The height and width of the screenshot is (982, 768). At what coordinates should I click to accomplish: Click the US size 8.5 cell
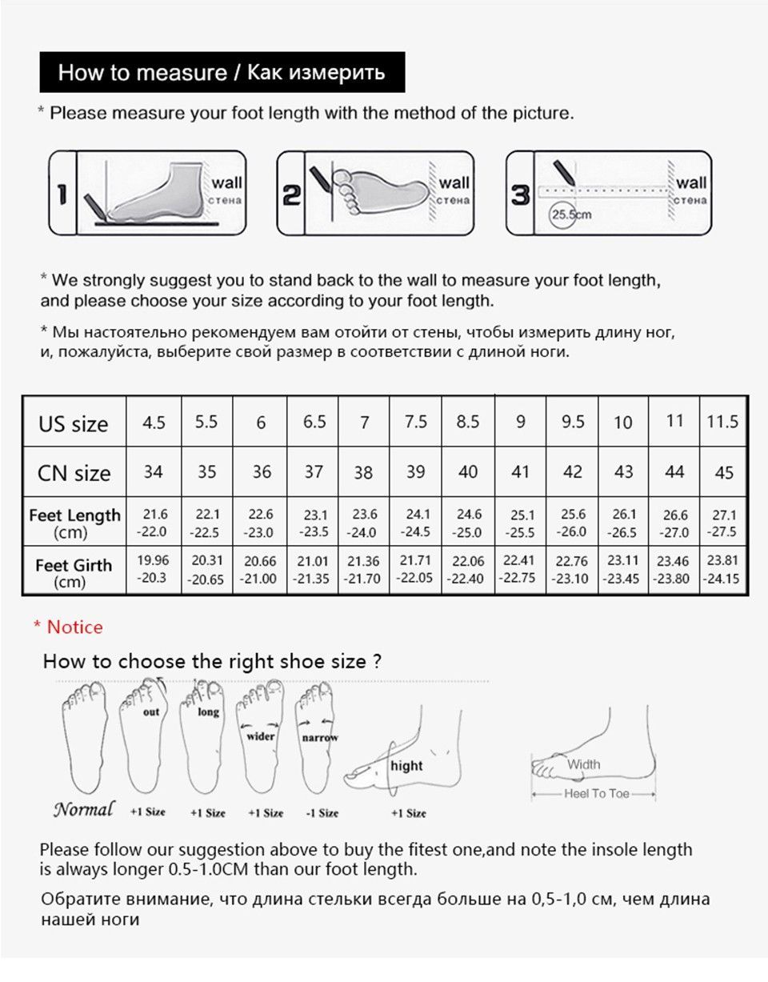pyautogui.click(x=468, y=422)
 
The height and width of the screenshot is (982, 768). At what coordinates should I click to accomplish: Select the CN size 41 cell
pyautogui.click(x=520, y=472)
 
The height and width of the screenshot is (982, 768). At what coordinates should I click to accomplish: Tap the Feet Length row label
pyautogui.click(x=74, y=523)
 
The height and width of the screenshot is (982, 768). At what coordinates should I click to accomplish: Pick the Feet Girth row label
pyautogui.click(x=73, y=573)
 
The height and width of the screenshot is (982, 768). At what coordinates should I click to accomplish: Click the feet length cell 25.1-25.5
pyautogui.click(x=520, y=523)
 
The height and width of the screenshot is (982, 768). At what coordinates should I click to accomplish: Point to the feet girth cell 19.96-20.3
pyautogui.click(x=153, y=569)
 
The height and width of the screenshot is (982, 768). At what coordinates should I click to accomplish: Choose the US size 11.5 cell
pyautogui.click(x=722, y=422)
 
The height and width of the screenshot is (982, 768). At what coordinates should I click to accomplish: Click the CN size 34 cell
pyautogui.click(x=154, y=472)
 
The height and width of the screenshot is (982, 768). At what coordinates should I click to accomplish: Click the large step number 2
pyautogui.click(x=291, y=195)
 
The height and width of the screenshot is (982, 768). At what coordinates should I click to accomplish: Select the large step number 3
pyautogui.click(x=520, y=195)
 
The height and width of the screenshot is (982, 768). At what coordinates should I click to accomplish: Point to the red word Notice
pyautogui.click(x=75, y=627)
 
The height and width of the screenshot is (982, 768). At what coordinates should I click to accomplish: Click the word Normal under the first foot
pyautogui.click(x=83, y=809)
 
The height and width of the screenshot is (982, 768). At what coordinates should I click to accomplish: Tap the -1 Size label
pyautogui.click(x=322, y=813)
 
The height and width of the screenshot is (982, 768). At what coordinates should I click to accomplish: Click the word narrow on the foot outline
pyautogui.click(x=320, y=738)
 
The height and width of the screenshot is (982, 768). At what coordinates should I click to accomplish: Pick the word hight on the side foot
pyautogui.click(x=406, y=766)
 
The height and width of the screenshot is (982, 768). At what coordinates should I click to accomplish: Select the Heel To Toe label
pyautogui.click(x=597, y=794)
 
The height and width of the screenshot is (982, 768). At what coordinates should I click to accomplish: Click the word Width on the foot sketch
pyautogui.click(x=584, y=764)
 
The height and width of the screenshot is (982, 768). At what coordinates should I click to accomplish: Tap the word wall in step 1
pyautogui.click(x=226, y=183)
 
